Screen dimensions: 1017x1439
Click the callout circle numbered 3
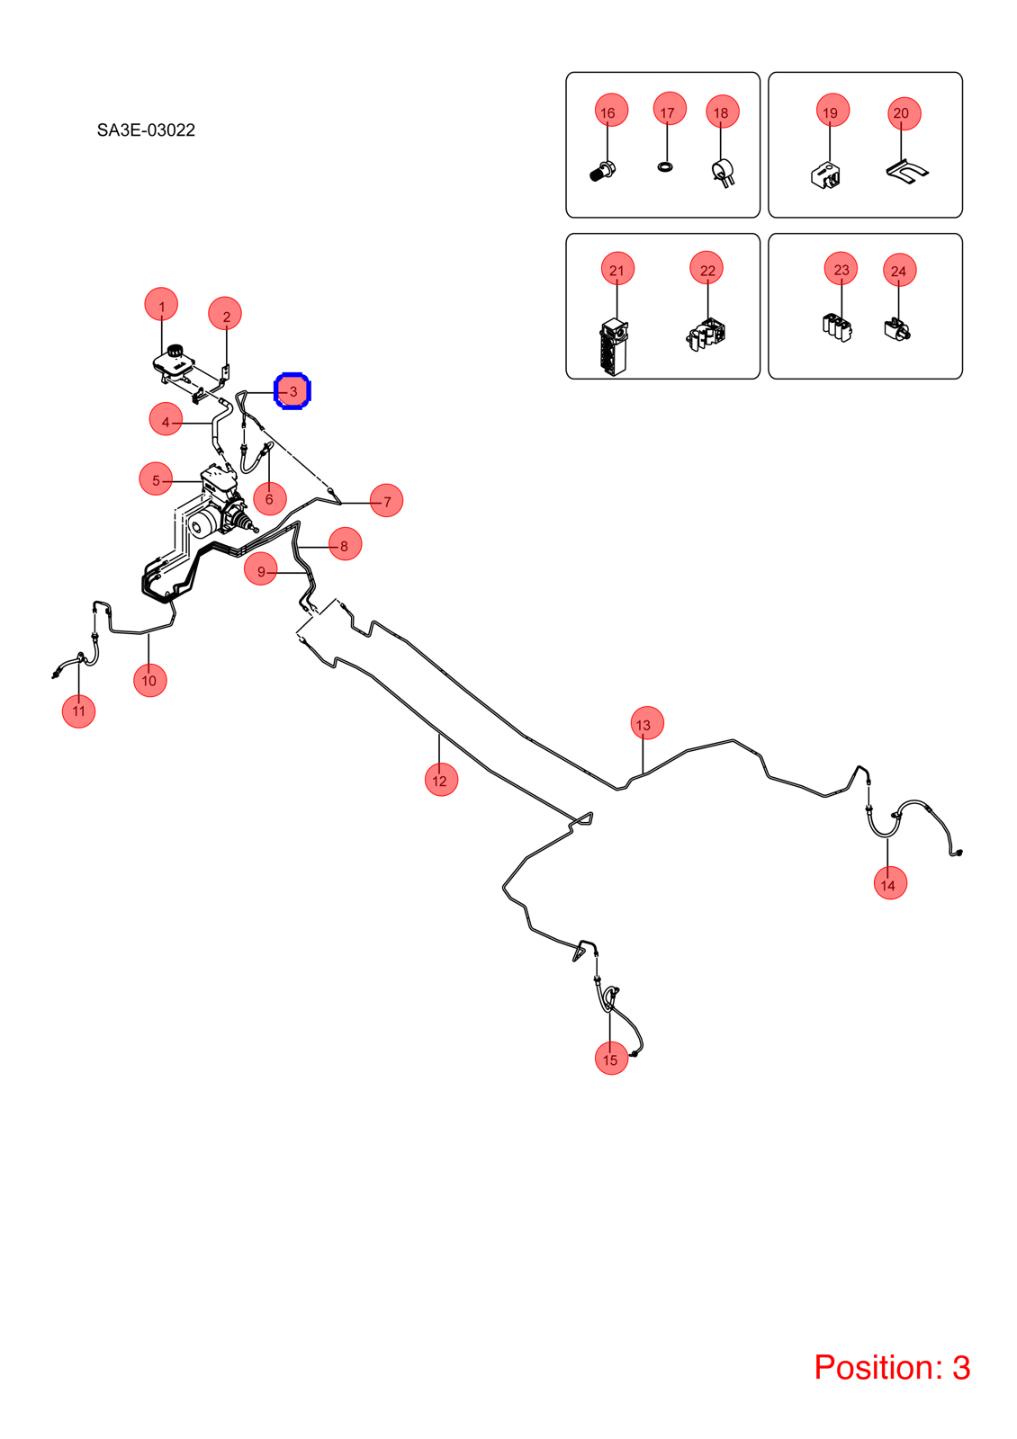(292, 390)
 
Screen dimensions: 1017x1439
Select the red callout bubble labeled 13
(647, 723)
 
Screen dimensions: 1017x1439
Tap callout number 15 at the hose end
(611, 1058)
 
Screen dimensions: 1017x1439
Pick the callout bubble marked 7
(386, 500)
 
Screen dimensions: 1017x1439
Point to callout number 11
(78, 711)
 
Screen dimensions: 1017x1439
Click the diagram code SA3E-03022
(146, 130)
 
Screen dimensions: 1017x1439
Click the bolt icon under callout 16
(602, 172)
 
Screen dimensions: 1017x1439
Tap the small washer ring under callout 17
(666, 167)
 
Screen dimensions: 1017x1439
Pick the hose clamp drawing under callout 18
(724, 173)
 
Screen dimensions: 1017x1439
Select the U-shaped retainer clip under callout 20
(907, 170)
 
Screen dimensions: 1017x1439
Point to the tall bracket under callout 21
(614, 347)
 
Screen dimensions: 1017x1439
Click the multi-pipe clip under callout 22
(706, 334)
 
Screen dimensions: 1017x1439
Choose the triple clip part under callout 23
(837, 327)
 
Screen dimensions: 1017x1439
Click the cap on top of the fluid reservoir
(174, 350)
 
